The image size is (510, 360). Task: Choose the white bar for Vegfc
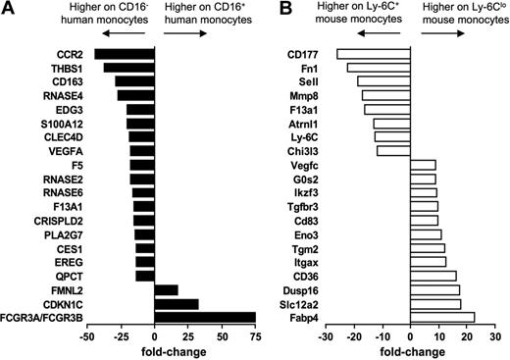[423, 165]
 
